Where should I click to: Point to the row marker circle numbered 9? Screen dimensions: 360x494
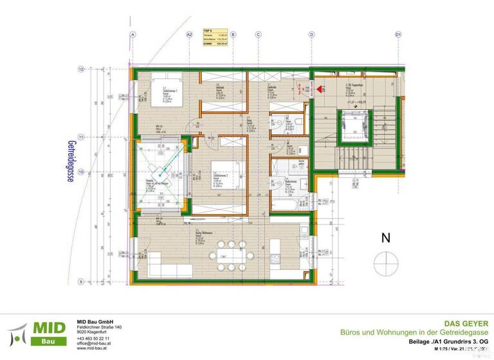click(82, 281)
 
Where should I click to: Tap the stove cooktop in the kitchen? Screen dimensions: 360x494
click(275, 259)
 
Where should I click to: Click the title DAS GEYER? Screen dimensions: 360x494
click(471, 323)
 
